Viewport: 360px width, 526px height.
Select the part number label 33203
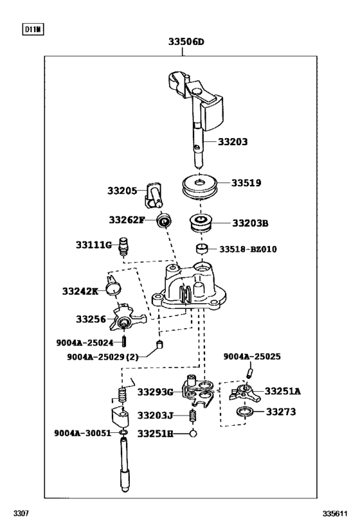(x=232, y=142)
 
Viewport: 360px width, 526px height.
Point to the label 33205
(x=122, y=191)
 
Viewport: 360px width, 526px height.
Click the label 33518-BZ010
(x=248, y=249)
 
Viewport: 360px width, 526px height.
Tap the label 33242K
(x=80, y=291)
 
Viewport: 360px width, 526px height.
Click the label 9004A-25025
(x=252, y=356)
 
